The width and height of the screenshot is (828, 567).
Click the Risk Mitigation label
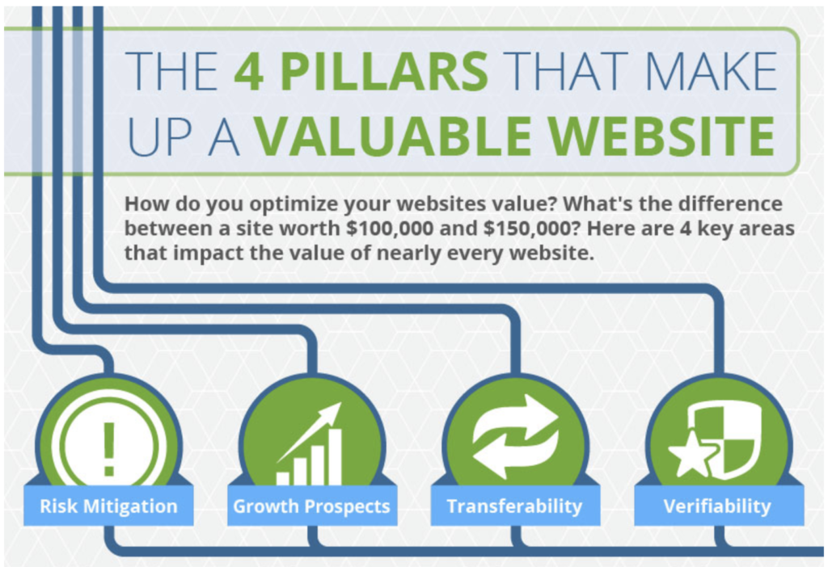click(108, 506)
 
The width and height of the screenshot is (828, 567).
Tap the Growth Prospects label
click(311, 506)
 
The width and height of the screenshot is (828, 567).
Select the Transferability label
click(515, 506)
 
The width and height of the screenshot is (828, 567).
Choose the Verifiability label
click(718, 506)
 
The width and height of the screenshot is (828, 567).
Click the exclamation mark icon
click(109, 448)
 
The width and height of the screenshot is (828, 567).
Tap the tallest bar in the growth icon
click(335, 457)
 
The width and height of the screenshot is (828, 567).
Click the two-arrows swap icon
click(515, 437)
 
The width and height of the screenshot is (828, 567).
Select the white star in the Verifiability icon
click(692, 452)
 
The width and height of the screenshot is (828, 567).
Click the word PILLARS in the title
click(384, 71)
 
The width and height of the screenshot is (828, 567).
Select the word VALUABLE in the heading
click(394, 136)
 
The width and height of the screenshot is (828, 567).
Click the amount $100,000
click(390, 229)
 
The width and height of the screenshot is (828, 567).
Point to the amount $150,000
click(527, 229)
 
